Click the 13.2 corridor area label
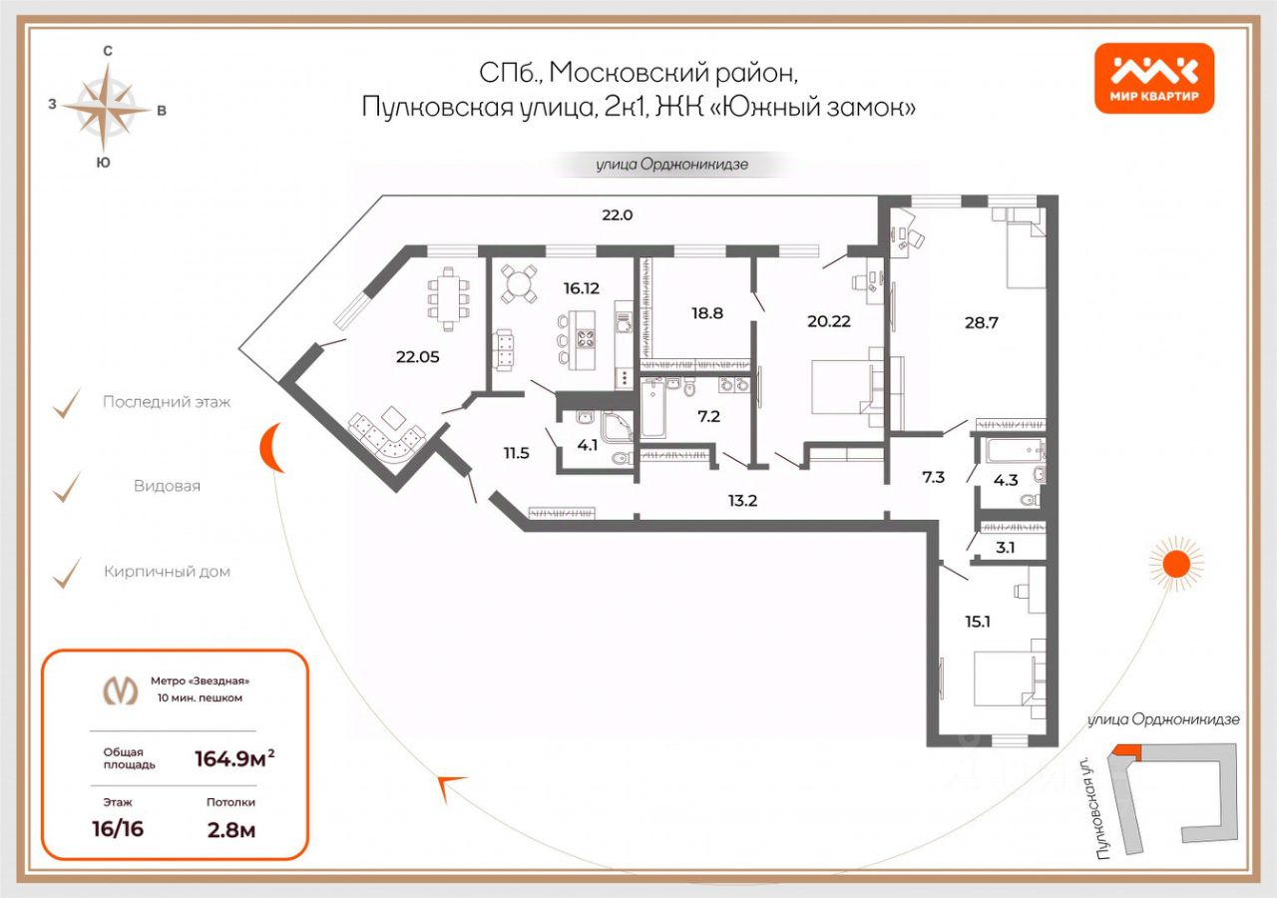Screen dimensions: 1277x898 [x=742, y=500]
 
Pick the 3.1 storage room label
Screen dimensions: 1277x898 [x=1005, y=546]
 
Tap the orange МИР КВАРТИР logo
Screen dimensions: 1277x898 [x=1154, y=78]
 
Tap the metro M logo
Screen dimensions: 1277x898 [x=121, y=690]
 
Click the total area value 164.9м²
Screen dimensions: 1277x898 [x=233, y=759]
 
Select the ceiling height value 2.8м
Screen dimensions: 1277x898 [x=230, y=828]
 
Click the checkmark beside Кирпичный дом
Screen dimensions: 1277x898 [x=66, y=572]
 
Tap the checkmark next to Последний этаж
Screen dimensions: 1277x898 [x=66, y=402]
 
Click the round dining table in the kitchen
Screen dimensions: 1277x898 [x=519, y=283]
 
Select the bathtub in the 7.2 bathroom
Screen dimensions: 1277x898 [x=653, y=409]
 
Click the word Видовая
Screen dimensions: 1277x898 [x=167, y=487]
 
